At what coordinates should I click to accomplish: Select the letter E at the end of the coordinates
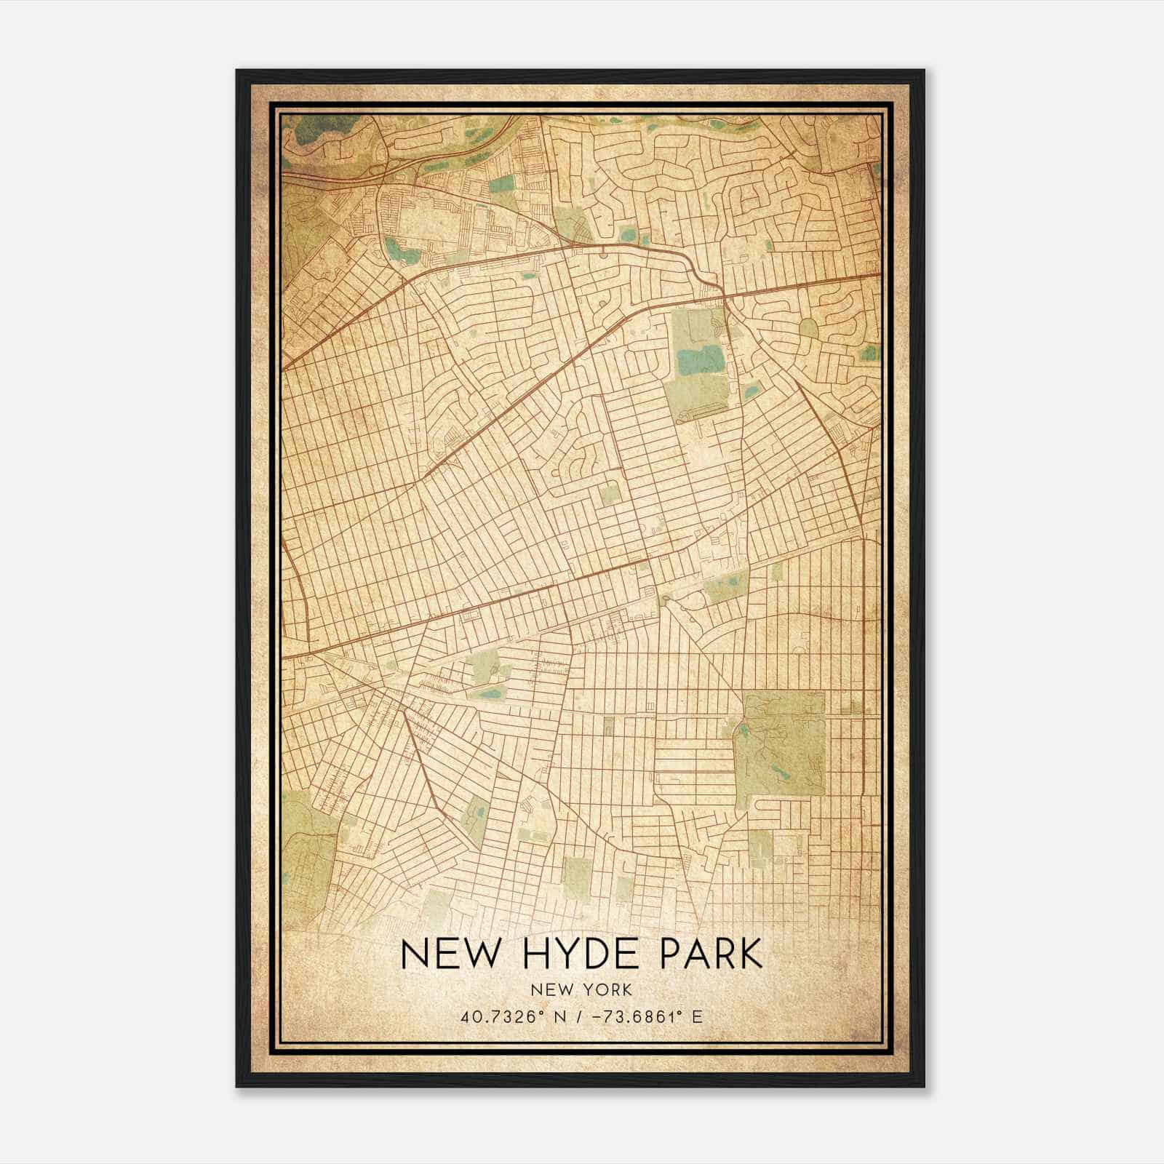[x=697, y=1016]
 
